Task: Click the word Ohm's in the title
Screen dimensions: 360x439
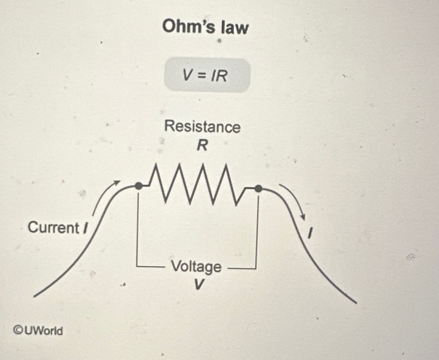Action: point(188,26)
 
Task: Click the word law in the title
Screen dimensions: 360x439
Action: point(235,27)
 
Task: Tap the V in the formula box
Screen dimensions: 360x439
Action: point(187,75)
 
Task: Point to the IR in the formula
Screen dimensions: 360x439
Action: point(219,76)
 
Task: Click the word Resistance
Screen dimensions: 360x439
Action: point(202,127)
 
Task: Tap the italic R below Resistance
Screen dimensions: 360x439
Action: point(202,145)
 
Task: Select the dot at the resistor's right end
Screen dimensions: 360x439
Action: point(259,189)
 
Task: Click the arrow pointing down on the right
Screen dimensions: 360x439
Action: point(294,201)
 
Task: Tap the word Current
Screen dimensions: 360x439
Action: point(53,228)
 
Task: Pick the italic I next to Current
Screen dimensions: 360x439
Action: point(85,228)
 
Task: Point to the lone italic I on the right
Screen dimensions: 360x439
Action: point(309,233)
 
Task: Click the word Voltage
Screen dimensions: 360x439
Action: point(196,266)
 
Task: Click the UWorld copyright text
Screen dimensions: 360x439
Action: point(43,330)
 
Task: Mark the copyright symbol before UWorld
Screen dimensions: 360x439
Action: point(18,330)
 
